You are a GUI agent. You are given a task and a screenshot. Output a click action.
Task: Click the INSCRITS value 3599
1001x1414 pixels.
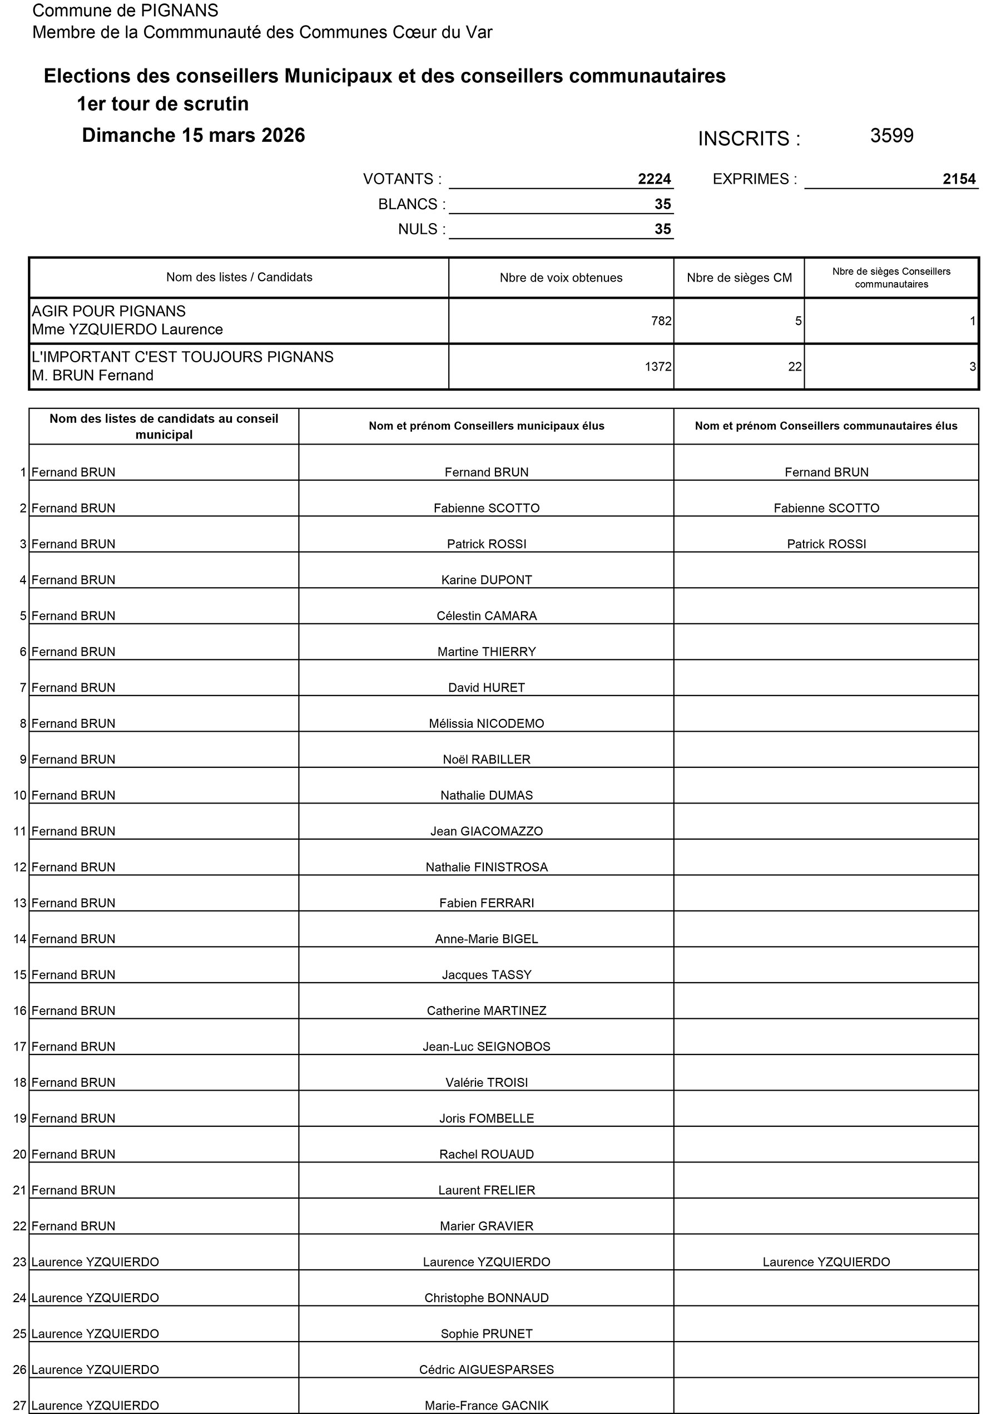(891, 136)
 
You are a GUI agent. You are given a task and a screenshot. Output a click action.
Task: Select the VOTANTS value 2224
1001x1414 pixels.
(654, 179)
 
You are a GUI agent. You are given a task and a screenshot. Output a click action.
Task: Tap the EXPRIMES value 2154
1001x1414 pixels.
(959, 179)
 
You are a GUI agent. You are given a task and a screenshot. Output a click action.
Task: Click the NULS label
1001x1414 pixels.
(422, 229)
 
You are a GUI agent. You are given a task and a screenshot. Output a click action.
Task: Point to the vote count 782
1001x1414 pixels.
(661, 321)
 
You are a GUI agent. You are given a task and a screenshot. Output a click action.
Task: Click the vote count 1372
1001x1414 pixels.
(658, 367)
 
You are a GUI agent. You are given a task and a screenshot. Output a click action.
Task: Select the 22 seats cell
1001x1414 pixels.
(795, 367)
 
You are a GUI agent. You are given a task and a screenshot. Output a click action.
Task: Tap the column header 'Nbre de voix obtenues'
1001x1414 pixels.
(561, 278)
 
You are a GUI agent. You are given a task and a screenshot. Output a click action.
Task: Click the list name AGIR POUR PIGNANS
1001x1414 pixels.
(108, 312)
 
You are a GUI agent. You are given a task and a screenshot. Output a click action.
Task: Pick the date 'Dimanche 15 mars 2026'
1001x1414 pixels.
(194, 135)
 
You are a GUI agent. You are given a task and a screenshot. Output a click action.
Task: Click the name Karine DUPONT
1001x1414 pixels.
(487, 580)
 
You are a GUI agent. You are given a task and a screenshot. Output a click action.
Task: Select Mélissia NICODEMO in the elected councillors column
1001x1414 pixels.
(487, 723)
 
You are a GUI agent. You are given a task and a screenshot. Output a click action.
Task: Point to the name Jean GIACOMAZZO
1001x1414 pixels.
(487, 831)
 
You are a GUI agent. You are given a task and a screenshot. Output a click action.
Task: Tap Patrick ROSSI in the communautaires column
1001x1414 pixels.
(826, 544)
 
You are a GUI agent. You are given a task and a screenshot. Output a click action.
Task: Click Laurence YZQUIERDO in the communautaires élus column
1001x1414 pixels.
(826, 1262)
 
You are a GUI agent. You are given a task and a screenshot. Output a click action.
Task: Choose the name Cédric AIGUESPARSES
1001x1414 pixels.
(487, 1369)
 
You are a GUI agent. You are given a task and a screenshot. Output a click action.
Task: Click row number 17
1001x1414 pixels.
(19, 1047)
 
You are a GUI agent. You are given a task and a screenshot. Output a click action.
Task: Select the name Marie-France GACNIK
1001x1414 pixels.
(487, 1405)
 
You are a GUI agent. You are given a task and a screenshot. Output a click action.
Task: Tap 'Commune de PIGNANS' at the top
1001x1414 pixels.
(125, 11)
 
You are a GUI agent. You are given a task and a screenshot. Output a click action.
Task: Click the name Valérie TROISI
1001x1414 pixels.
(487, 1082)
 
